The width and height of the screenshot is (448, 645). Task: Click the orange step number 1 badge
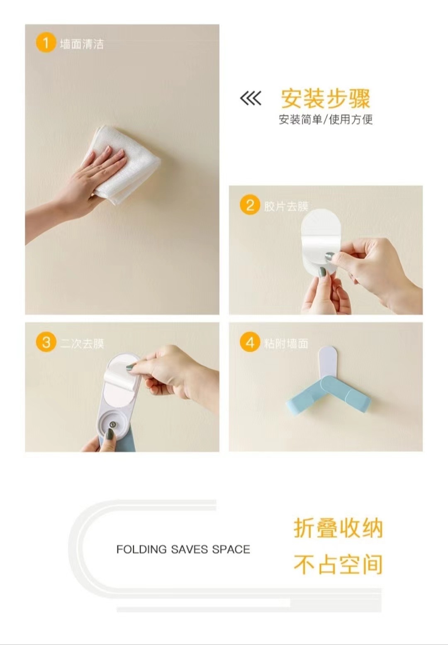click(x=46, y=43)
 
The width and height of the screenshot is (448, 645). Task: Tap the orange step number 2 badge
click(x=249, y=205)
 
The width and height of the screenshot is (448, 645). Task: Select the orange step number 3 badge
click(x=46, y=343)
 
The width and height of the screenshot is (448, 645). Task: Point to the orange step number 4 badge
click(x=249, y=343)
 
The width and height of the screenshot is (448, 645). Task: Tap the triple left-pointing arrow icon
click(x=250, y=98)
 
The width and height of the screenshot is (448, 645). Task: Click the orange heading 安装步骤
click(x=325, y=99)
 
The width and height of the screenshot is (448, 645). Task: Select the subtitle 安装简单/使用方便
click(x=326, y=119)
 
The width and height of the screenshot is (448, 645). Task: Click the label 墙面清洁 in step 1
click(x=82, y=44)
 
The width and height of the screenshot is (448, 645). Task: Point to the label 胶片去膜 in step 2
click(x=286, y=206)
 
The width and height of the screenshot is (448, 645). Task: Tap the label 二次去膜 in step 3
click(x=82, y=343)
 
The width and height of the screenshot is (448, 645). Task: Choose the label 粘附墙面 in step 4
click(x=286, y=343)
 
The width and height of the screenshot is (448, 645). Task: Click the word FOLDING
click(x=141, y=550)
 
